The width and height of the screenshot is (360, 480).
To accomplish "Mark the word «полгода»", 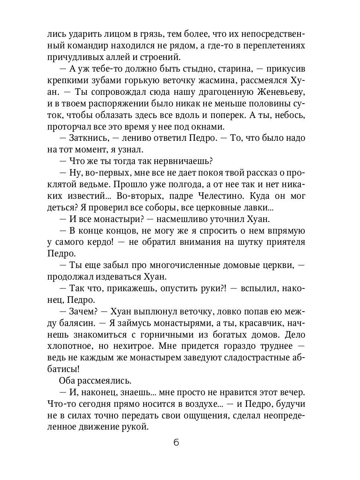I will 188,184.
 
